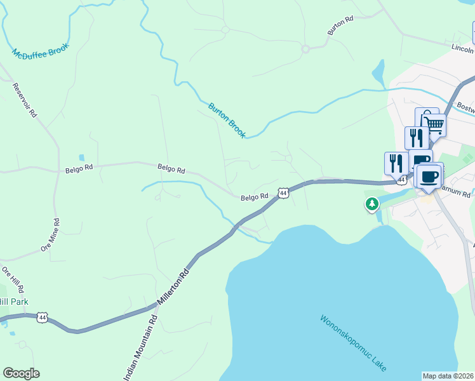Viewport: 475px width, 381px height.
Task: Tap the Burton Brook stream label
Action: click(x=227, y=120)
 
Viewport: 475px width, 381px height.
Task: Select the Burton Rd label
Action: click(x=340, y=26)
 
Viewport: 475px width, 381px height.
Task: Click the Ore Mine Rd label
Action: click(x=50, y=236)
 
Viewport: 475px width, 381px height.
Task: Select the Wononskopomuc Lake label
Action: click(x=353, y=343)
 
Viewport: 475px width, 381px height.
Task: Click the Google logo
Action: click(x=21, y=373)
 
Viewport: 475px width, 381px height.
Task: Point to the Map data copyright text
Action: click(x=448, y=375)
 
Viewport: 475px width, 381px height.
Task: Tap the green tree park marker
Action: click(x=371, y=204)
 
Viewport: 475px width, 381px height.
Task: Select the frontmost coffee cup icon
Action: click(x=429, y=176)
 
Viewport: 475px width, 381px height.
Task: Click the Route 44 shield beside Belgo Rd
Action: click(x=283, y=192)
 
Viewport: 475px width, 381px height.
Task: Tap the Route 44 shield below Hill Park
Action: click(x=43, y=317)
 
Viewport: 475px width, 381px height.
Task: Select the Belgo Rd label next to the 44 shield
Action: click(x=255, y=197)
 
